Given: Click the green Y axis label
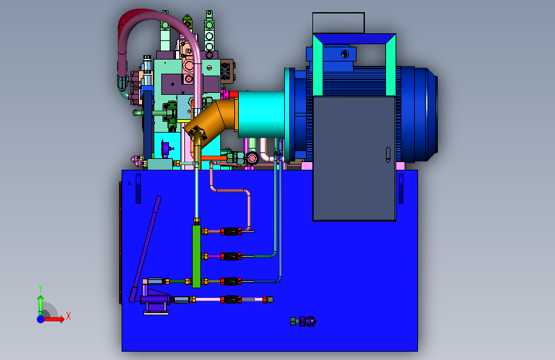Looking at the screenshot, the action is (40, 288).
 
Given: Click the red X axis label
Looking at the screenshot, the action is (68, 316).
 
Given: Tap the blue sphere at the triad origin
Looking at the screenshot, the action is (41, 319).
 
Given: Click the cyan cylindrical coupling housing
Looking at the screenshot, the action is (261, 115).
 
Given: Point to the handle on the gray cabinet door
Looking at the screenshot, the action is (388, 155).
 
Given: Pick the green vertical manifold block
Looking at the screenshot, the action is (197, 256).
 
